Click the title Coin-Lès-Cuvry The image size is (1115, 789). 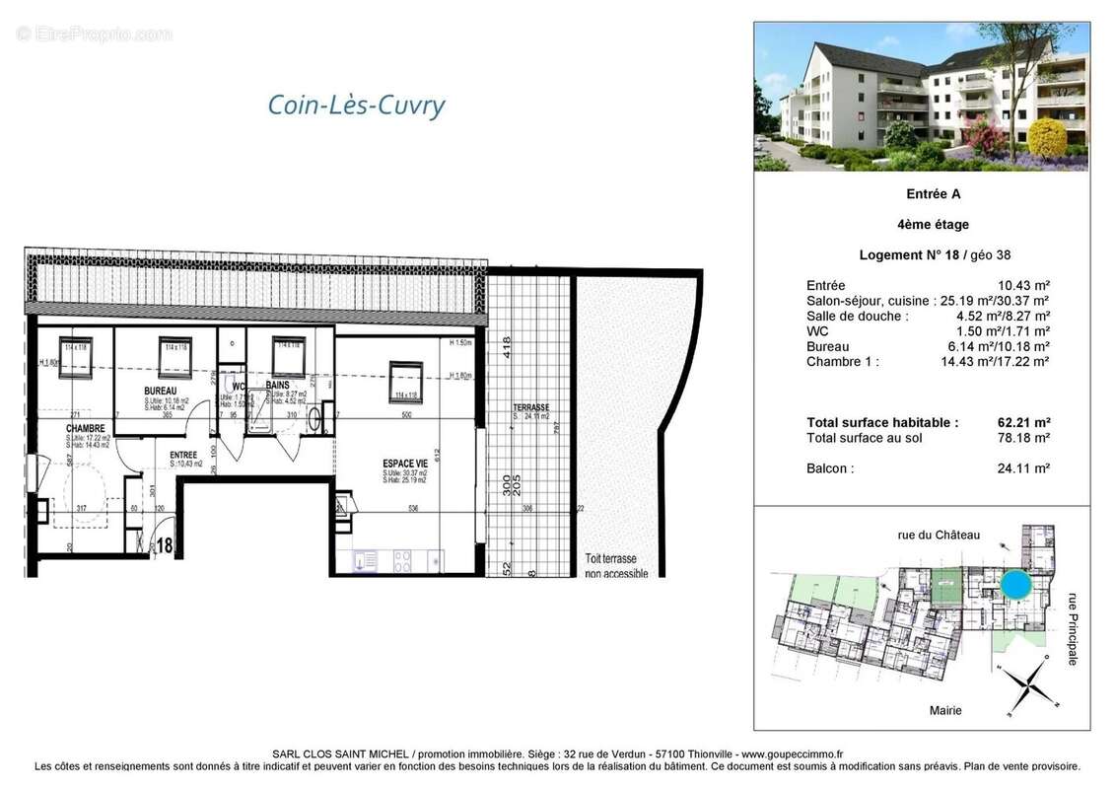pyautogui.click(x=356, y=106)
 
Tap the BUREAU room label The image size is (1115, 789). pyautogui.click(x=160, y=392)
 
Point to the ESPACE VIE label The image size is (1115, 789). pyautogui.click(x=405, y=463)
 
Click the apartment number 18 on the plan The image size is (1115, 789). pyautogui.click(x=164, y=543)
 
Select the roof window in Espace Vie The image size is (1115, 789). pyautogui.click(x=405, y=379)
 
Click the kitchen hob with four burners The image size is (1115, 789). pyautogui.click(x=403, y=560)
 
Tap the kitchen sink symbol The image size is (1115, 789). pyautogui.click(x=365, y=560)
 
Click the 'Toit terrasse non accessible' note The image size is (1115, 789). pyautogui.click(x=616, y=565)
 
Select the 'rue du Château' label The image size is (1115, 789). pyautogui.click(x=939, y=535)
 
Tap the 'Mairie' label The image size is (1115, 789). pyautogui.click(x=944, y=710)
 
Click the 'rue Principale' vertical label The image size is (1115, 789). pyautogui.click(x=1073, y=627)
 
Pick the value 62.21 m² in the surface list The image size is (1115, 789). pyautogui.click(x=1023, y=422)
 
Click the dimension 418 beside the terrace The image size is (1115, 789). pyautogui.click(x=506, y=346)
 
